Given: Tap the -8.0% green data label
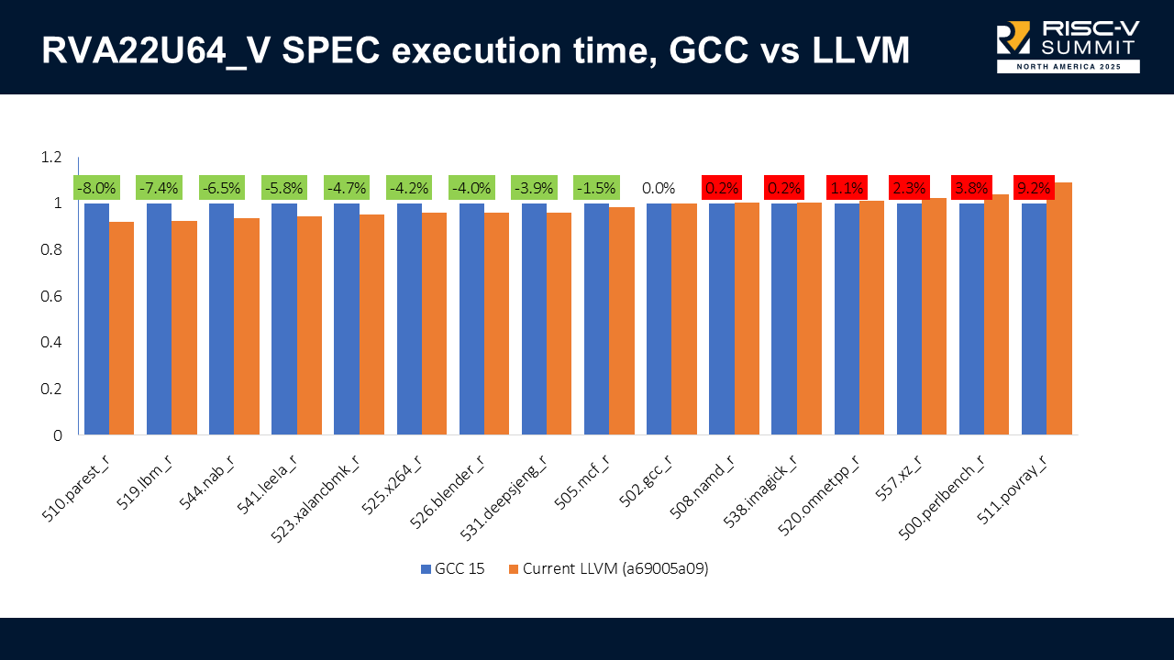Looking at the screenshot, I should (x=96, y=188).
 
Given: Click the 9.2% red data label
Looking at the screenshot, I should (x=1034, y=188).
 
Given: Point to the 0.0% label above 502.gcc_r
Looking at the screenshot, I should (x=659, y=188).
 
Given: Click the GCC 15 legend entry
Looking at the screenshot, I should (x=452, y=568).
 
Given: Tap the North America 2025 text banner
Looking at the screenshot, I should (x=1068, y=67).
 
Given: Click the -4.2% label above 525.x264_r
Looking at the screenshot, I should (x=408, y=188).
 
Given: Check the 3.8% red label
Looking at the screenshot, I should (x=971, y=188).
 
